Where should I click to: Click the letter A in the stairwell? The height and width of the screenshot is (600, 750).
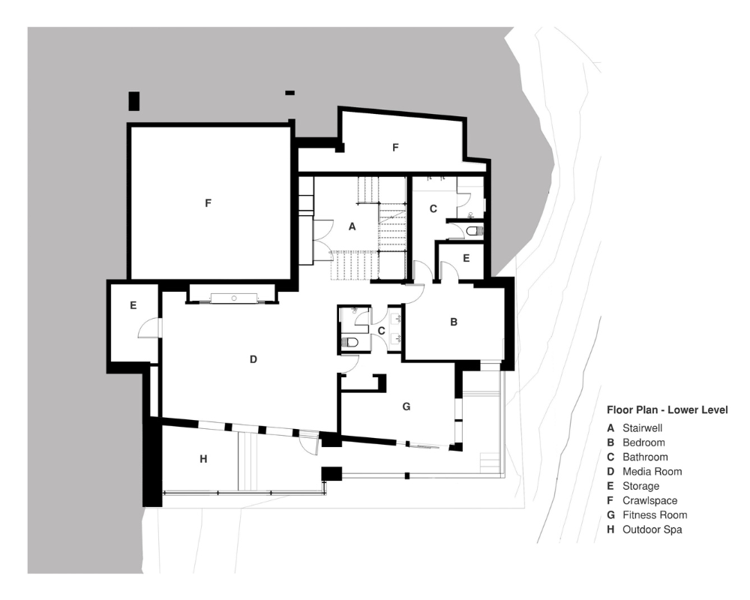pyautogui.click(x=351, y=226)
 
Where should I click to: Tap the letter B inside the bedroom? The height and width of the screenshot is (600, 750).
pyautogui.click(x=453, y=322)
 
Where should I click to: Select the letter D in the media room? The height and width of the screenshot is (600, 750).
pyautogui.click(x=253, y=359)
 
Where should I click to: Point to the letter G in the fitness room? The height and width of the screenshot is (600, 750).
pyautogui.click(x=406, y=406)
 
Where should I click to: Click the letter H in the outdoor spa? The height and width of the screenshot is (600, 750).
pyautogui.click(x=202, y=458)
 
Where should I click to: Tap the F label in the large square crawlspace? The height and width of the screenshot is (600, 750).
pyautogui.click(x=208, y=202)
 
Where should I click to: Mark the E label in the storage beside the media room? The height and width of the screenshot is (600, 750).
pyautogui.click(x=133, y=305)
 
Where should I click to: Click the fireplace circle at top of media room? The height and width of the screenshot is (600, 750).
pyautogui.click(x=235, y=298)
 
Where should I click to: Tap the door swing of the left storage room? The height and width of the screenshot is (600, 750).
pyautogui.click(x=150, y=327)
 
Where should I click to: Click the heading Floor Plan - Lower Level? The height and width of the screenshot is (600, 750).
pyautogui.click(x=667, y=410)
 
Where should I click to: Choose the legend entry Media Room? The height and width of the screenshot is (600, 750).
pyautogui.click(x=652, y=472)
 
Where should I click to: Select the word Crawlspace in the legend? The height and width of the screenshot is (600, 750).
pyautogui.click(x=649, y=500)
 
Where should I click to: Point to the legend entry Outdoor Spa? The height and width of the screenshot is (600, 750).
pyautogui.click(x=652, y=529)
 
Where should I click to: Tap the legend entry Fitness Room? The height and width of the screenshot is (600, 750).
pyautogui.click(x=654, y=514)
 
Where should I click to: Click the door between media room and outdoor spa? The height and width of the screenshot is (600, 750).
pyautogui.click(x=308, y=444)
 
